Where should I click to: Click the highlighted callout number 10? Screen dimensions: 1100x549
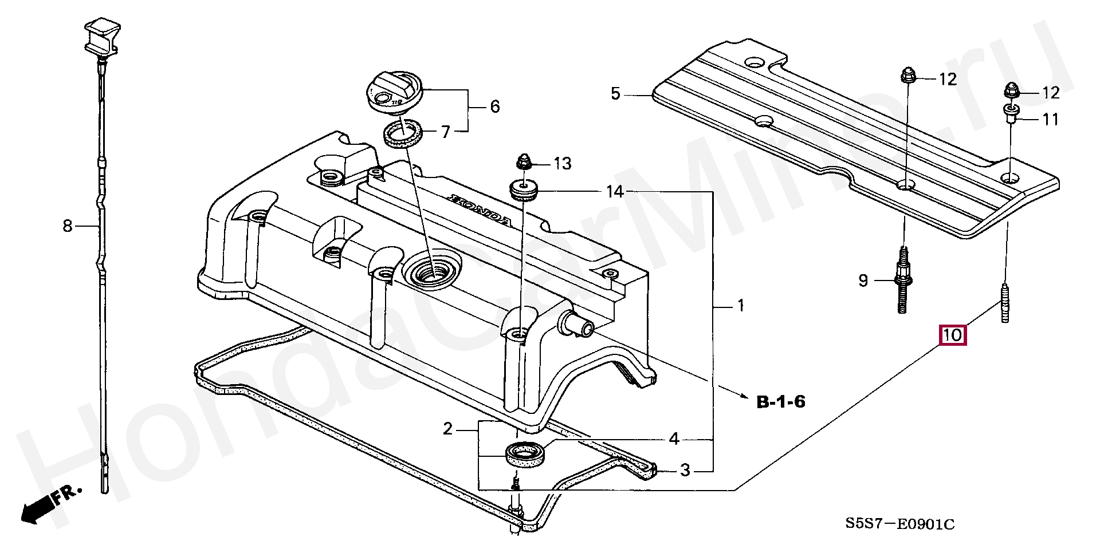click(x=952, y=335)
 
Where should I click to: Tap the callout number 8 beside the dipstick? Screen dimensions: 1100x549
click(x=68, y=226)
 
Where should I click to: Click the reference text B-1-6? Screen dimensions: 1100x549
click(x=781, y=402)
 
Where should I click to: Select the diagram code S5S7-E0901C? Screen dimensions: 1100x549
click(x=900, y=524)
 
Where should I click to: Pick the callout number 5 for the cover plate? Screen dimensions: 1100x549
click(x=615, y=93)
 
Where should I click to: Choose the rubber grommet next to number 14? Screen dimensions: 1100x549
click(x=522, y=189)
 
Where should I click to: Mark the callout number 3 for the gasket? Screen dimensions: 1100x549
click(x=685, y=470)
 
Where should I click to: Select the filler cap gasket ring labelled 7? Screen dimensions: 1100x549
click(x=403, y=133)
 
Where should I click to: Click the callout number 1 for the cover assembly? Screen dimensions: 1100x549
click(x=740, y=306)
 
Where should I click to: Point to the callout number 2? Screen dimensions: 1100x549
click(x=448, y=428)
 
